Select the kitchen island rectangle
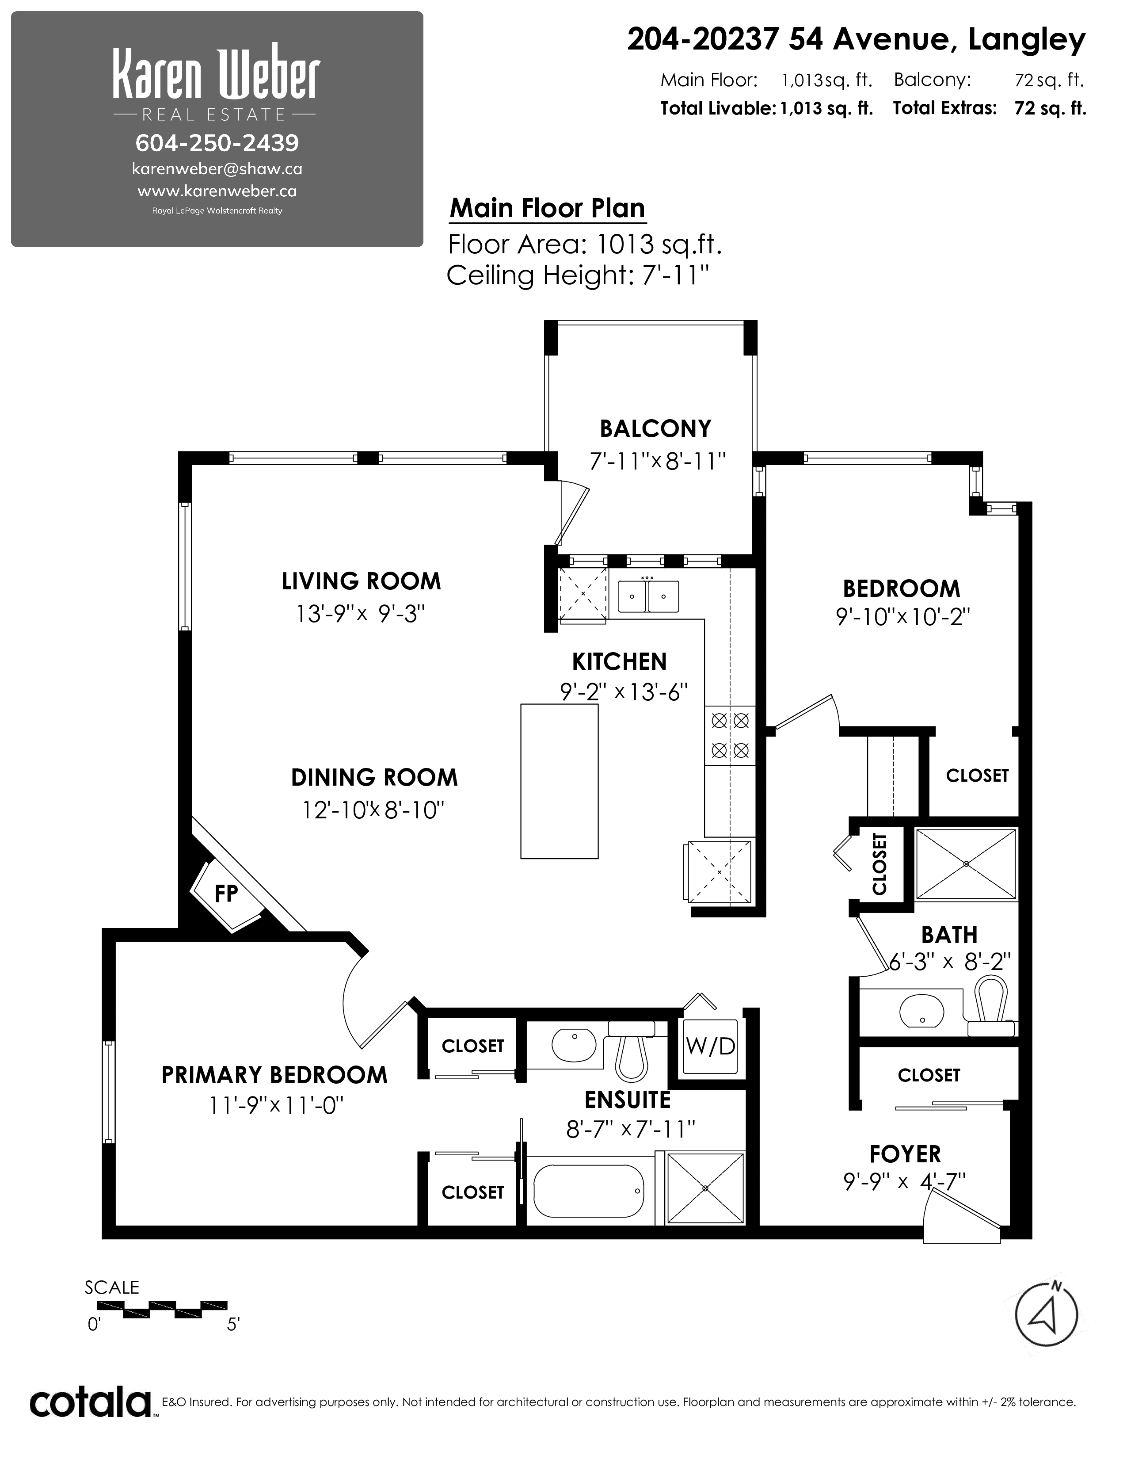click(x=560, y=781)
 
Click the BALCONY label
click(x=655, y=428)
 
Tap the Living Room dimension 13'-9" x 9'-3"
click(x=361, y=613)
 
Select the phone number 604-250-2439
click(x=217, y=142)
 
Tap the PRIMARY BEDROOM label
click(x=274, y=1075)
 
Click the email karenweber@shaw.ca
click(x=217, y=169)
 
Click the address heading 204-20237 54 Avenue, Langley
click(x=857, y=40)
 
